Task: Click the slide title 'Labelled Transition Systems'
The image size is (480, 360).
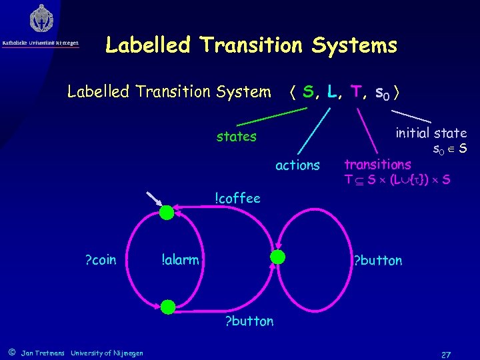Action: point(251,45)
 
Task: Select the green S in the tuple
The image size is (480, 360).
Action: point(307,91)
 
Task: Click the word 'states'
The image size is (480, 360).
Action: point(236,137)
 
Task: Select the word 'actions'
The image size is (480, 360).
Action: point(297,165)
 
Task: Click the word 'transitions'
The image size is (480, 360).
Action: point(377,164)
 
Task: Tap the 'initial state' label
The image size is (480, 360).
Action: point(431,133)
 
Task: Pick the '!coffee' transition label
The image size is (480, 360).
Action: point(237,197)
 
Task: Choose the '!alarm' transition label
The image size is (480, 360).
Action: point(180,259)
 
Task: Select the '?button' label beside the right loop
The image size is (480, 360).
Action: point(377,260)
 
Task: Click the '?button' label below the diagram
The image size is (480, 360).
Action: point(249,321)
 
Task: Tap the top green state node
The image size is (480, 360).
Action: point(167,212)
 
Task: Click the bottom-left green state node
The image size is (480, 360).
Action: point(167,307)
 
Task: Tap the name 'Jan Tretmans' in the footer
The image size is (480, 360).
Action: point(43,353)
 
